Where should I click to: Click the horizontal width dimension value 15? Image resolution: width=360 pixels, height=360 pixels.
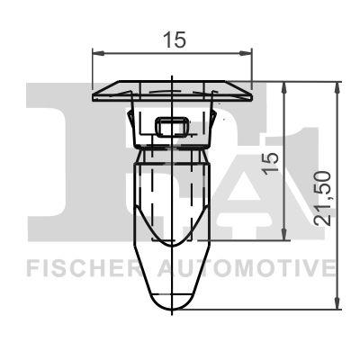coord(174,40)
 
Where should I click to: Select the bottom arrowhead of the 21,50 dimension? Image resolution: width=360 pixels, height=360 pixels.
coord(338,307)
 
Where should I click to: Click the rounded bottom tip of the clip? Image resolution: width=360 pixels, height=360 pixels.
coord(171,304)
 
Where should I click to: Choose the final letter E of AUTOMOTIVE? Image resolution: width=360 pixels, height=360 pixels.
coord(329,268)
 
